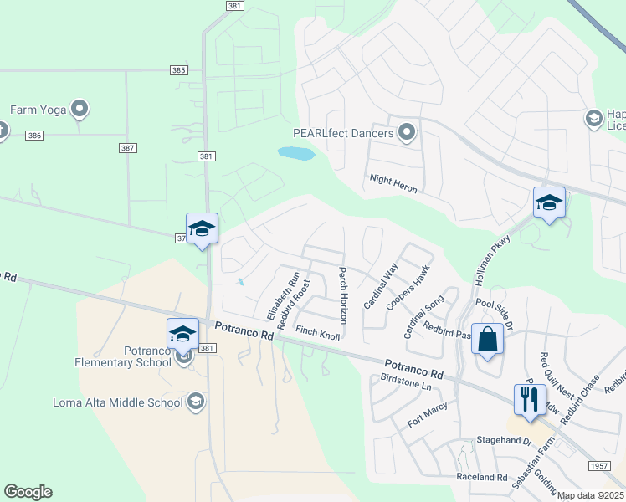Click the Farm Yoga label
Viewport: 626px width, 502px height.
tap(38, 110)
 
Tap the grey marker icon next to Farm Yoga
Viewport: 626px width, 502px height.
tap(80, 109)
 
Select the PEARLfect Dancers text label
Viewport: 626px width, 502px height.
tap(342, 133)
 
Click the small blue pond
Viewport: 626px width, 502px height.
tap(295, 154)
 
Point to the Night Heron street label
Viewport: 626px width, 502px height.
tap(393, 184)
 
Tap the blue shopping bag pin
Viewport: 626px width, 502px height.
tap(487, 340)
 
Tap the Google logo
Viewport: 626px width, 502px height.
tap(28, 492)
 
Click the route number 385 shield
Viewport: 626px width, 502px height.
tap(177, 70)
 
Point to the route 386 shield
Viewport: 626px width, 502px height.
tap(33, 135)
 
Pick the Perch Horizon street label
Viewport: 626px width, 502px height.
tap(342, 296)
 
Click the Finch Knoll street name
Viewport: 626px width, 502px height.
tap(317, 333)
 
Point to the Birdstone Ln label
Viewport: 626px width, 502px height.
tap(405, 382)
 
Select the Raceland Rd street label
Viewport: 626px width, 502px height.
tap(481, 478)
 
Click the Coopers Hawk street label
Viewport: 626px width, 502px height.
tap(408, 289)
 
